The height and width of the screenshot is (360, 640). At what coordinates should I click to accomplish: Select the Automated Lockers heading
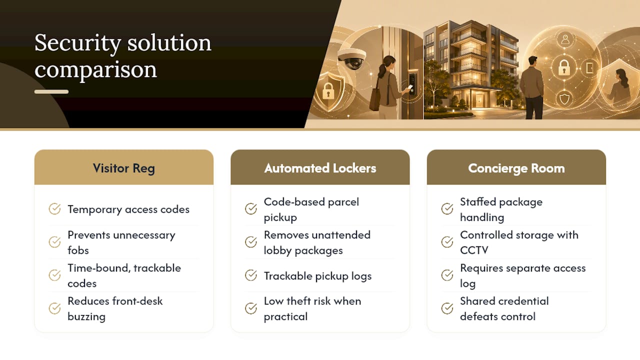[320, 168]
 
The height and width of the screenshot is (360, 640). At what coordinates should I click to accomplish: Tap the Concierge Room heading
[516, 168]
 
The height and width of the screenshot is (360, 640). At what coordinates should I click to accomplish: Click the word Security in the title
[77, 43]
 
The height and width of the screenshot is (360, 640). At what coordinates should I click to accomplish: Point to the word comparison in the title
[95, 70]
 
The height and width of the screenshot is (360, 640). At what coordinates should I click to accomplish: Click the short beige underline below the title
[51, 91]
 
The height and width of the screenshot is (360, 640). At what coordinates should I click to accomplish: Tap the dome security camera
[351, 58]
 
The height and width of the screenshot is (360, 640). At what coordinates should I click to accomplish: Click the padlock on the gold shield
[328, 91]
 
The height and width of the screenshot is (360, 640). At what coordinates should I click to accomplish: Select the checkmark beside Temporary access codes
[54, 209]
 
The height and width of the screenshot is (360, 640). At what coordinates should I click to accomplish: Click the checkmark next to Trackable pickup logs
[251, 275]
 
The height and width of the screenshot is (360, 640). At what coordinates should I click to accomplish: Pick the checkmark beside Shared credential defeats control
[447, 308]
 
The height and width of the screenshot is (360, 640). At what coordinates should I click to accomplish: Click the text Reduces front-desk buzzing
[115, 308]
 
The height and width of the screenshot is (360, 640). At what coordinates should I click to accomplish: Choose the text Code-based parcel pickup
[311, 209]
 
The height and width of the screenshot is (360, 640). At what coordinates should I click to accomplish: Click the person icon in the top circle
[565, 39]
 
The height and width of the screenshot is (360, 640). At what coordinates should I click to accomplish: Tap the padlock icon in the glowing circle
[564, 67]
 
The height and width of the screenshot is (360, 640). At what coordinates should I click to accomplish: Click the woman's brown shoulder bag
[375, 98]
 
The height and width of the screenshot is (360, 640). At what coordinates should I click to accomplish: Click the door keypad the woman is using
[412, 83]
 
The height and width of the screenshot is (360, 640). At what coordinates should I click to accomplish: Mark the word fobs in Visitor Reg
[78, 250]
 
